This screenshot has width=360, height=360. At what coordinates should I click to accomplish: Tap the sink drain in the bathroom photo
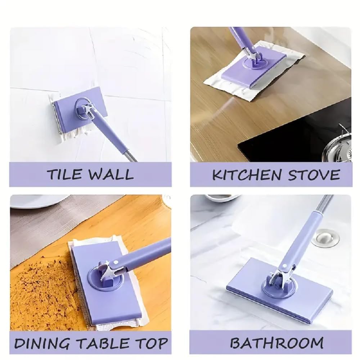click(x=325, y=238)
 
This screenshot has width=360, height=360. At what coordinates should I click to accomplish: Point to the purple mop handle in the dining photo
click(x=144, y=254)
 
